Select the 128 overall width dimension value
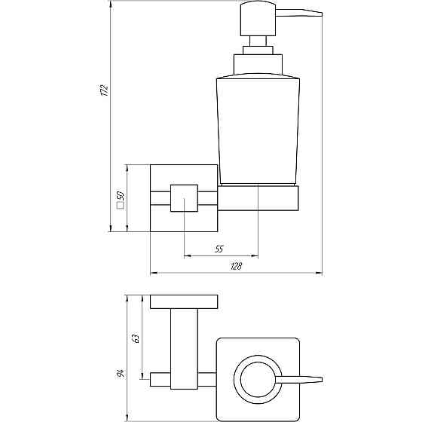coord(236,266)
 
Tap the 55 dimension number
coord(219,248)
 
